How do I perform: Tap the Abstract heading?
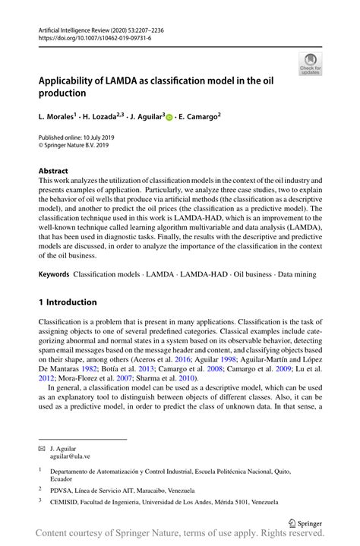(x=53, y=171)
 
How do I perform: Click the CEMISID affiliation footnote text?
(x=159, y=503)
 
